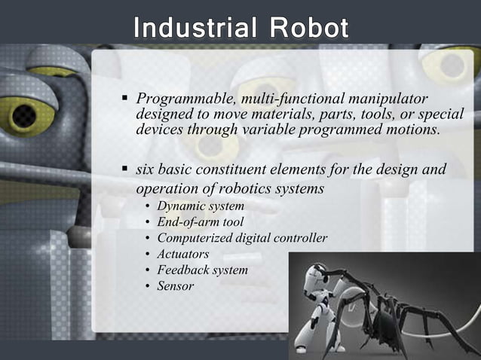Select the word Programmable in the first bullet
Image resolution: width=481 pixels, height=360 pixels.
(177, 99)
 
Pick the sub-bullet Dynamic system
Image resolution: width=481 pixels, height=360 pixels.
(201, 206)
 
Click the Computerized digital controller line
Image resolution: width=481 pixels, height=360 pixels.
(242, 238)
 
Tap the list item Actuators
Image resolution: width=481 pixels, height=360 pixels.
(183, 254)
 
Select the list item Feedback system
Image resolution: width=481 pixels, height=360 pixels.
(202, 270)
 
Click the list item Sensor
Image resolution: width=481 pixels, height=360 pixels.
(176, 286)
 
